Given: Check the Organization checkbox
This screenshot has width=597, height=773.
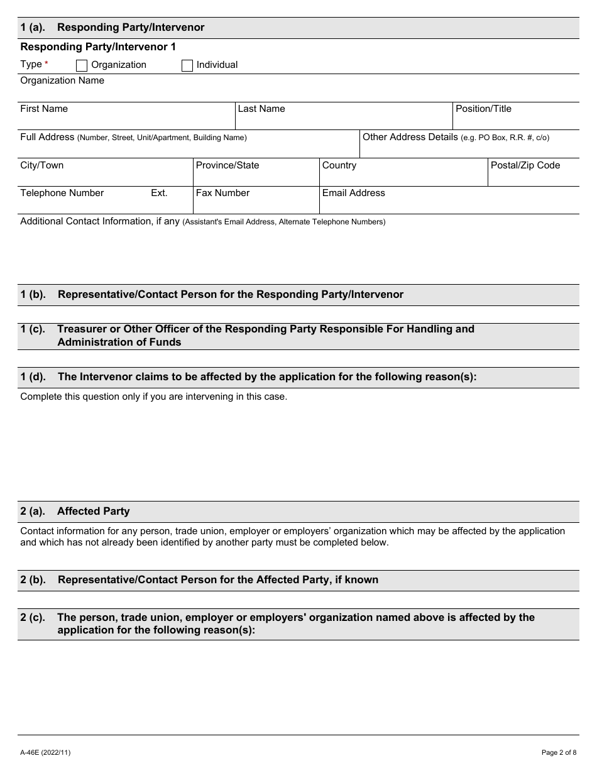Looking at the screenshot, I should pyautogui.click(x=82, y=65).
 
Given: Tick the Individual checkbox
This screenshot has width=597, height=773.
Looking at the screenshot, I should pyautogui.click(x=187, y=65).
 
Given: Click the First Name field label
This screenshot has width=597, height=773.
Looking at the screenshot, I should pyautogui.click(x=44, y=109).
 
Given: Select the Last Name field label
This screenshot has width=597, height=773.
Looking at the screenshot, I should pyautogui.click(x=261, y=109).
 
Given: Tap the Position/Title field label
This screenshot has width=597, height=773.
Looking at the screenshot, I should pyautogui.click(x=483, y=109).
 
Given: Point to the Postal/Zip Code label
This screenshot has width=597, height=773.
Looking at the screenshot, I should pyautogui.click(x=525, y=165).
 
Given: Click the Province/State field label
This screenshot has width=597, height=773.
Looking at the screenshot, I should pyautogui.click(x=227, y=165).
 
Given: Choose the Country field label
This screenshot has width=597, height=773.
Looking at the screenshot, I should pyautogui.click(x=339, y=165).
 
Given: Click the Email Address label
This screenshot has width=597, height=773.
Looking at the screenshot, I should pyautogui.click(x=353, y=193).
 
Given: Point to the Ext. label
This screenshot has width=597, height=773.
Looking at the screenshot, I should pyautogui.click(x=159, y=193).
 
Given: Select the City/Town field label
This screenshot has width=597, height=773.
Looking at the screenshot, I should pyautogui.click(x=42, y=165).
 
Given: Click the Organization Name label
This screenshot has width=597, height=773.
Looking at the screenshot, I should pyautogui.click(x=62, y=80).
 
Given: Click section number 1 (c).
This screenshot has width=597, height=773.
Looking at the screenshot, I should pyautogui.click(x=33, y=329).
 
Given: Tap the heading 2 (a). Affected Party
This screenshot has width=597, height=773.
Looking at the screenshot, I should pyautogui.click(x=75, y=512).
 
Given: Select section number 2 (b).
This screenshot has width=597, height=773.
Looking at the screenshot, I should pyautogui.click(x=33, y=579).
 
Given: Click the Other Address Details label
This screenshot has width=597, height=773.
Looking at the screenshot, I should pyautogui.click(x=410, y=137).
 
